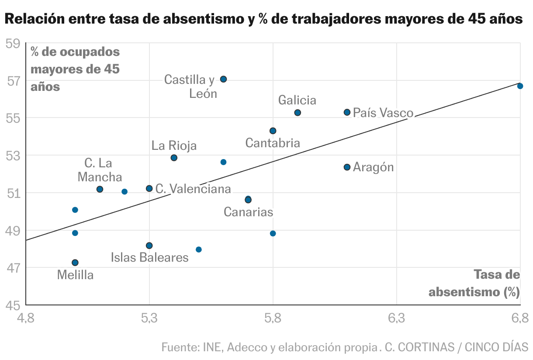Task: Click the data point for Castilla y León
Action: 223,79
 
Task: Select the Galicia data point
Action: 298,113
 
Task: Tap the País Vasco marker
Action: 347,112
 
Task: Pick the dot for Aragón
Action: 347,167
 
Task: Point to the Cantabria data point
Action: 273,131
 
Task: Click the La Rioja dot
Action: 174,158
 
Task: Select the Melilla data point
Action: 75,263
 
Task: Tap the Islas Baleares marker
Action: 149,246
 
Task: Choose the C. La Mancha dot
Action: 100,189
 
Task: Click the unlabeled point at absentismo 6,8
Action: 520,86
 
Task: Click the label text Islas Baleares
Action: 149,257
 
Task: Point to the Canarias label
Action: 248,212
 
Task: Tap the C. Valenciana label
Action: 193,189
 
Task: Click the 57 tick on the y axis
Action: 13,81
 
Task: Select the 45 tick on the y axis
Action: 13,305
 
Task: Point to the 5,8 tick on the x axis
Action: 273,318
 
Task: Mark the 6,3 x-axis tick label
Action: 396,318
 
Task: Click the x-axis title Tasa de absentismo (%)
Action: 475,283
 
